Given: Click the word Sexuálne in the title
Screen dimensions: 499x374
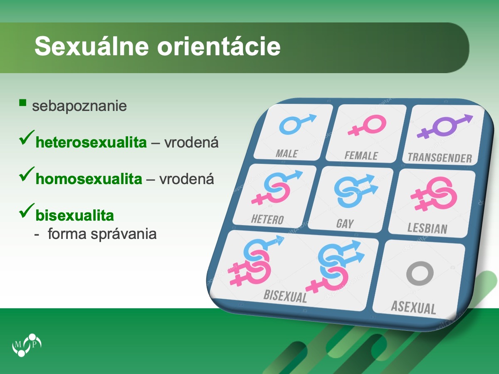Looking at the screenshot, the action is tap(91, 46).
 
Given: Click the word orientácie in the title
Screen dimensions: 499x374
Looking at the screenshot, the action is tap(219, 46).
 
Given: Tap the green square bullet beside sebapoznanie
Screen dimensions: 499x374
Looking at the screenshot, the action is tap(23, 103).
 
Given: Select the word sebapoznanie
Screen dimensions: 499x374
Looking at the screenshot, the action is tap(79, 106).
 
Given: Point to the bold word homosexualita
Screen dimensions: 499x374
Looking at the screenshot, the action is tap(89, 179).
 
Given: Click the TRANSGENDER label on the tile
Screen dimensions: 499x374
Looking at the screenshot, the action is tap(440, 157).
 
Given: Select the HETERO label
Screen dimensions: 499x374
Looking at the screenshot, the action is tap(267, 219).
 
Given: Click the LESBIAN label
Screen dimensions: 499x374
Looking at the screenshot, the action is tap(427, 228).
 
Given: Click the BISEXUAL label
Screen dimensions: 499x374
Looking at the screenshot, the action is tap(285, 296).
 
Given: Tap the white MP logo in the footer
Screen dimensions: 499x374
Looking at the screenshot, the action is tap(27, 345).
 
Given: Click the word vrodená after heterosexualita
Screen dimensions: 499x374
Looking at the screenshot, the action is tap(191, 143).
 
